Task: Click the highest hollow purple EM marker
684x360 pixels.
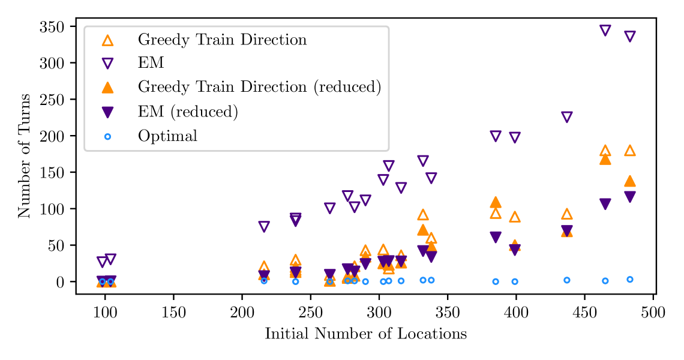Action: [x=605, y=31]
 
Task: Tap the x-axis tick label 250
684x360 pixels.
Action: [x=310, y=313]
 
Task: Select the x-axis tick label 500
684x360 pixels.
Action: [x=652, y=313]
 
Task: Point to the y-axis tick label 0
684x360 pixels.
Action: [x=60, y=282]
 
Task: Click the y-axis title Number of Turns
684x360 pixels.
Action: [x=24, y=155]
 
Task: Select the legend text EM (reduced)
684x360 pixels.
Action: [x=188, y=112]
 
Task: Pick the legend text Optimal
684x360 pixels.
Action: [x=167, y=136]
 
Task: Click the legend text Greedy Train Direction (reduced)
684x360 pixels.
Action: [x=259, y=88]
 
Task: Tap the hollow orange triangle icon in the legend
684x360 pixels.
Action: [x=107, y=40]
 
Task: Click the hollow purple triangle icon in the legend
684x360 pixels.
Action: [x=107, y=64]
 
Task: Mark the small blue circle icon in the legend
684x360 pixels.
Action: [x=107, y=136]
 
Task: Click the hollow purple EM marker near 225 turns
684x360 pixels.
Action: [x=566, y=117]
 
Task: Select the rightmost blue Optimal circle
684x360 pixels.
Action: [x=630, y=280]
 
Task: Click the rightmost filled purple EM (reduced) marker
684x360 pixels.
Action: [x=630, y=197]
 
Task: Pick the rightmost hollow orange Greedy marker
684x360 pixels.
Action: [x=630, y=151]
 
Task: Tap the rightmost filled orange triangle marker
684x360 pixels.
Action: [x=630, y=181]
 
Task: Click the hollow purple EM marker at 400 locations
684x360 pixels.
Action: [x=515, y=137]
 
